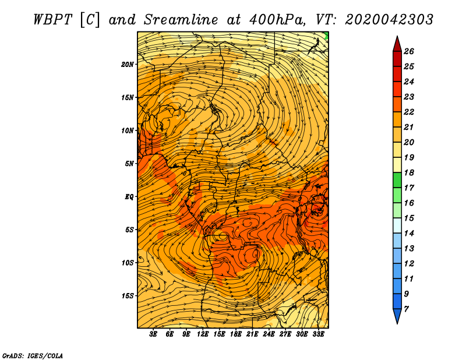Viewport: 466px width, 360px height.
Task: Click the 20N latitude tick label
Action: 127,64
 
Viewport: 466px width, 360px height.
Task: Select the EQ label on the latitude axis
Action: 129,197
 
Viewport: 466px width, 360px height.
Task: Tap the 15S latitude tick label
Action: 127,296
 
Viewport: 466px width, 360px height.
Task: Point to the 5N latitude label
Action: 129,164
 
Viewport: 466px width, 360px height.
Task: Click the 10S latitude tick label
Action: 127,263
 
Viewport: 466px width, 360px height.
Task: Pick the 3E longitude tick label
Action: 153,334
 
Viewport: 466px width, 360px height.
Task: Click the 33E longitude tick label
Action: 318,334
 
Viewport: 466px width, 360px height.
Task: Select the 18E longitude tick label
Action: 236,334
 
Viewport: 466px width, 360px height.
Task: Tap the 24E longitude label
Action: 269,334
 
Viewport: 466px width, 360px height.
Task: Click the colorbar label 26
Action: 409,51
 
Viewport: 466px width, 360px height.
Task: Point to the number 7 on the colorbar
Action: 406,309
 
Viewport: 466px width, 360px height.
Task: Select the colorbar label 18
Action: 409,172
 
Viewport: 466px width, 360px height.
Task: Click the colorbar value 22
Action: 409,112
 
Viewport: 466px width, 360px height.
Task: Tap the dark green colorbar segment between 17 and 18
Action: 397,180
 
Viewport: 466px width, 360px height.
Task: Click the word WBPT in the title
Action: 52,20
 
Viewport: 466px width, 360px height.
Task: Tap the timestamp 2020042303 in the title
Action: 389,20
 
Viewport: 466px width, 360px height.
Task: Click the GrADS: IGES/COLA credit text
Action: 33,356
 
